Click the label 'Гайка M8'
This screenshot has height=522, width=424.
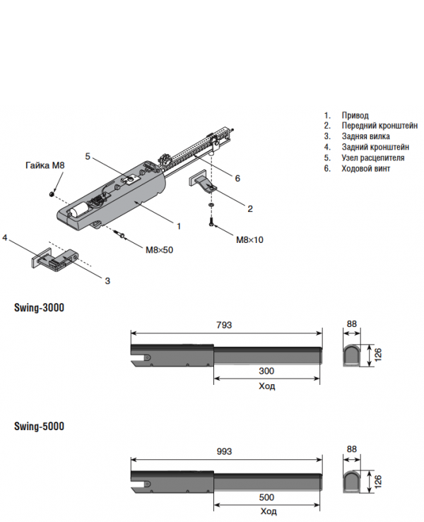point(45,165)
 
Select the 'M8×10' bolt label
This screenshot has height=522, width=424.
point(249,240)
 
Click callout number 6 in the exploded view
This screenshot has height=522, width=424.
point(237,179)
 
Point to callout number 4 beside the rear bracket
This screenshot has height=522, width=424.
point(5,238)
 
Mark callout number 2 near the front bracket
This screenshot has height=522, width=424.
point(249,208)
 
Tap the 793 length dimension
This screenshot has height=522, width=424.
point(223,324)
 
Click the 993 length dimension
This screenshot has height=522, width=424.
point(223,451)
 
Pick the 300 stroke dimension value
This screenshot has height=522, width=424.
point(266,371)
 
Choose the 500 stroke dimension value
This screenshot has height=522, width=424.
point(267,497)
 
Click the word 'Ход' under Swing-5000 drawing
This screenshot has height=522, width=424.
point(267,512)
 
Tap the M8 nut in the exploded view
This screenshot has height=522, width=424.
point(52,193)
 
